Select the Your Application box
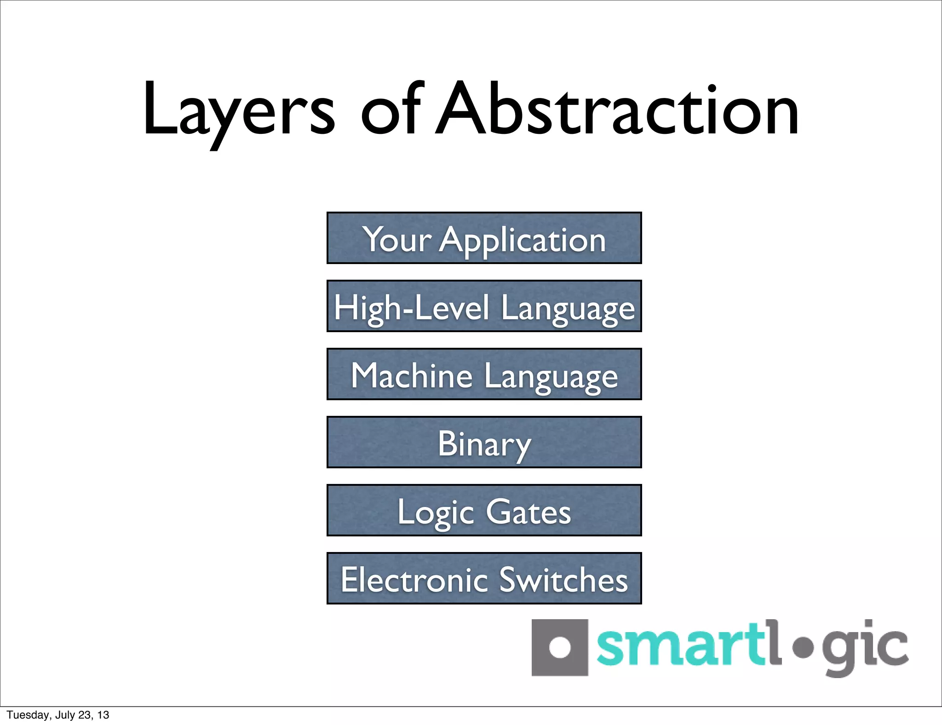pyautogui.click(x=484, y=238)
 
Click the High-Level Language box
pyautogui.click(x=484, y=306)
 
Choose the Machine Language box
pyautogui.click(x=484, y=374)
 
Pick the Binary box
pyautogui.click(x=484, y=442)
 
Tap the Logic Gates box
pyautogui.click(x=484, y=510)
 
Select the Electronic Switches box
pyautogui.click(x=484, y=578)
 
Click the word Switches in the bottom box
pyautogui.click(x=563, y=580)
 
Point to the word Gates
pyautogui.click(x=528, y=512)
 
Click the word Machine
pyautogui.click(x=412, y=375)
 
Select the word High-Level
pyautogui.click(x=412, y=307)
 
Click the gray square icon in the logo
pyautogui.click(x=560, y=647)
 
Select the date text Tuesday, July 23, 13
pyautogui.click(x=58, y=715)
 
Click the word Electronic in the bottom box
pyautogui.click(x=414, y=580)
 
